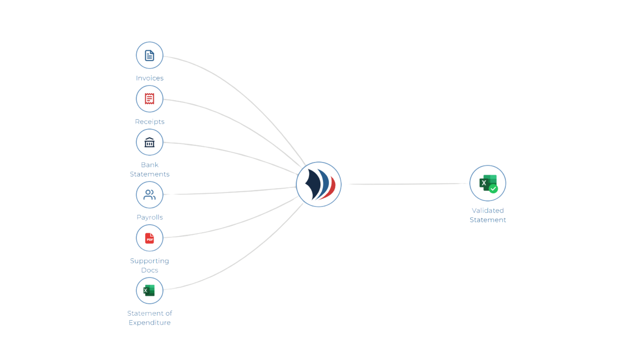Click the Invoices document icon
(x=149, y=55)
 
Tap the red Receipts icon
(x=149, y=99)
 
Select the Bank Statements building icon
(x=149, y=142)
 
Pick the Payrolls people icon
(x=149, y=195)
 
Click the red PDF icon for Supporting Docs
(x=149, y=238)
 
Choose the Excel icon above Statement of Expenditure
(x=149, y=290)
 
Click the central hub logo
(x=318, y=184)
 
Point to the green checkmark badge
(x=493, y=189)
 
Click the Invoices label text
(x=149, y=78)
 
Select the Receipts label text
(x=149, y=122)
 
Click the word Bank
(x=150, y=165)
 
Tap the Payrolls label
(x=150, y=217)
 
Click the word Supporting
(x=149, y=261)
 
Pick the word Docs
(x=149, y=270)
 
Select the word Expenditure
(x=149, y=323)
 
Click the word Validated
(x=488, y=211)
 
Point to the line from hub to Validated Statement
(x=407, y=184)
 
